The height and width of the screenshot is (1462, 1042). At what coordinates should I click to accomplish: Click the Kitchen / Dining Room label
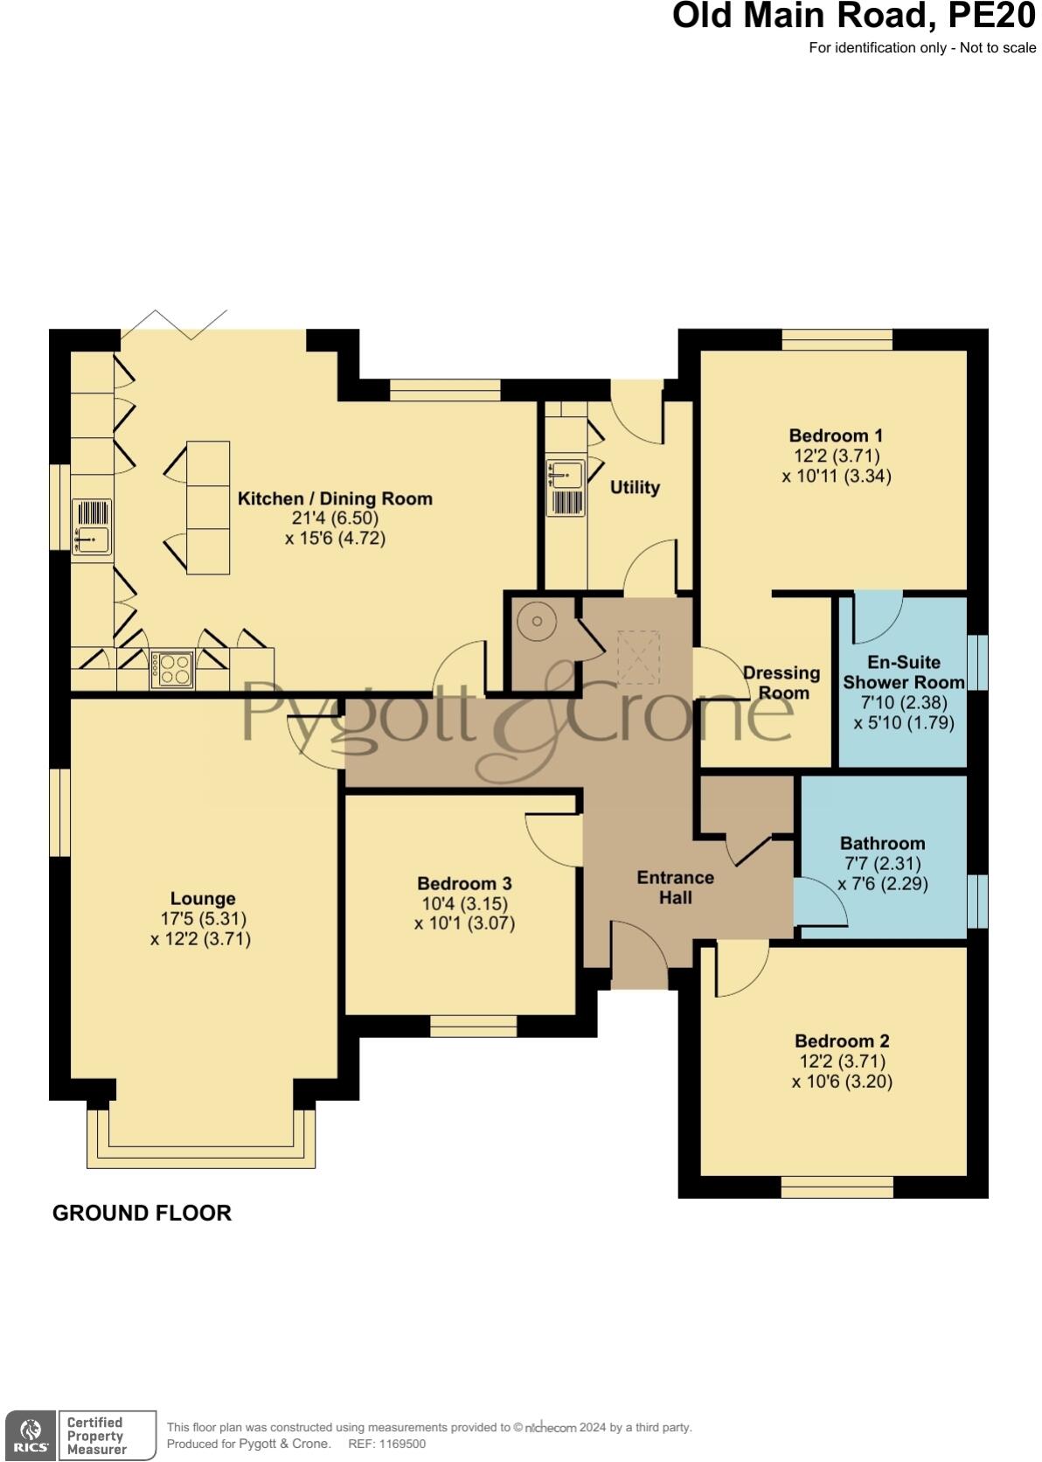[x=335, y=498]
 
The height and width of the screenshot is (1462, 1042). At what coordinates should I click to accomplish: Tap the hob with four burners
[x=172, y=671]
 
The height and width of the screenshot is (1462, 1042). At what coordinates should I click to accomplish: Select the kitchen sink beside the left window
[x=92, y=540]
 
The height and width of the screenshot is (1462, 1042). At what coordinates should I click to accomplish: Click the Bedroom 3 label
[x=464, y=884]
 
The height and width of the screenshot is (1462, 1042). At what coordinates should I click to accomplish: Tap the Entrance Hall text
[x=675, y=887]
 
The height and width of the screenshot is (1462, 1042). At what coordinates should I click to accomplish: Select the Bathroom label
[x=882, y=843]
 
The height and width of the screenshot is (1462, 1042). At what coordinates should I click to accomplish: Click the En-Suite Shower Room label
[x=903, y=672]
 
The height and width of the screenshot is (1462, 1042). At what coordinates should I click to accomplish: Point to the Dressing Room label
[x=781, y=682]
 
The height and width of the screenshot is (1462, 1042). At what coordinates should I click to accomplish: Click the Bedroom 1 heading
[x=836, y=435]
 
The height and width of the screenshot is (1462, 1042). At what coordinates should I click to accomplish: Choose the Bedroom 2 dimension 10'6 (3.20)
[x=842, y=1082]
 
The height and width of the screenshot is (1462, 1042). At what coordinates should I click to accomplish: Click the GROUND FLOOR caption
[x=142, y=1213]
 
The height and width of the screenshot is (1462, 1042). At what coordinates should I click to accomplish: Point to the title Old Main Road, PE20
[x=853, y=16]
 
